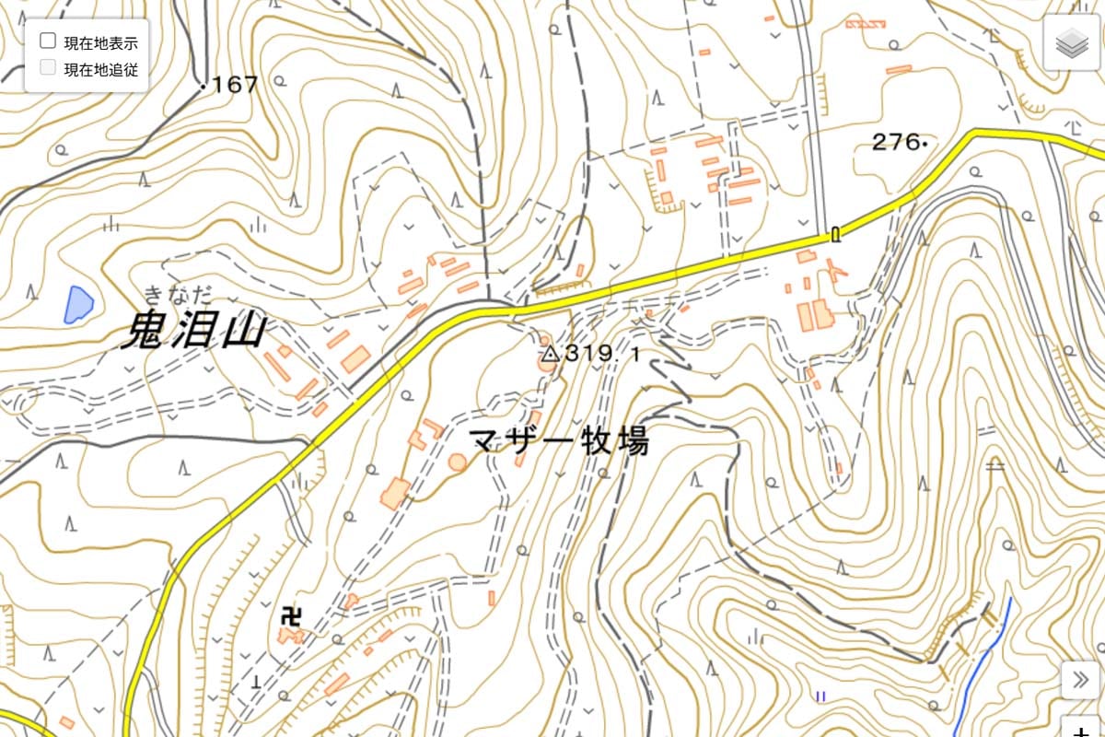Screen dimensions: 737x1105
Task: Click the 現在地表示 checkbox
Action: click(48, 41)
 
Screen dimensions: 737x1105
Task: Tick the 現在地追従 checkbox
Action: click(48, 68)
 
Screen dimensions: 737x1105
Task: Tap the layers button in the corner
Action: click(1072, 42)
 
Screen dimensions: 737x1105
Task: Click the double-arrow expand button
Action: click(1080, 681)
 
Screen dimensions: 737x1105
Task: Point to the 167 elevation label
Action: click(235, 86)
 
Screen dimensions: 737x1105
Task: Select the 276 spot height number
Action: click(895, 142)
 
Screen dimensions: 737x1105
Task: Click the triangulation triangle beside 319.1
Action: click(550, 353)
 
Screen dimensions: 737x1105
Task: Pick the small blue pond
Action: click(77, 304)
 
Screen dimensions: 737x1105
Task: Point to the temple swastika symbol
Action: click(292, 614)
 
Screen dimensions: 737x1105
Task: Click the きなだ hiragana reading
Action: click(177, 295)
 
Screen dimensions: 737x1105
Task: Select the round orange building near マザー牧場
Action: click(458, 462)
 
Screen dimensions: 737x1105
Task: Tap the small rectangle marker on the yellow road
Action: click(835, 234)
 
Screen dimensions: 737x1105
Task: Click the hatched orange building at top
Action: click(865, 23)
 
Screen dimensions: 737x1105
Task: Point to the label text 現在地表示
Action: click(100, 42)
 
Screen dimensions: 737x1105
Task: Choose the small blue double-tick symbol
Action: click(819, 696)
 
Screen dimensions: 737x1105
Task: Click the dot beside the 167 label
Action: click(202, 86)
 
